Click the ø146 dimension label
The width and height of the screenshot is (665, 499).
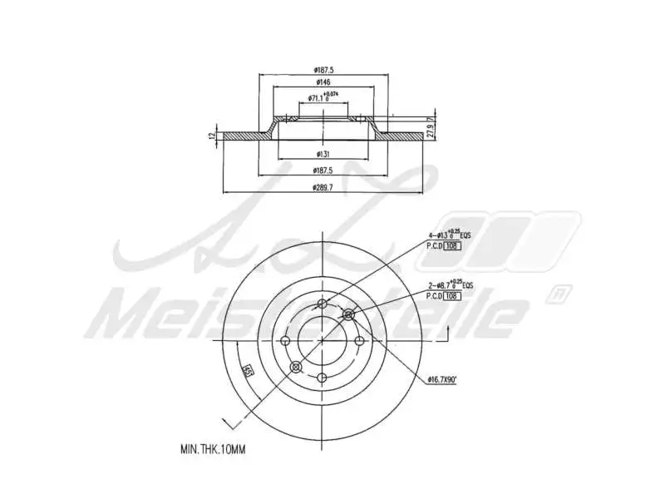(324, 82)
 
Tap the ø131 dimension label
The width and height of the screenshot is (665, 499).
(324, 155)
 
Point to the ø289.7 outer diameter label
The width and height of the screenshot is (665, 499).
(323, 188)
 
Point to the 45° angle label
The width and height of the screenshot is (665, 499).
(247, 370)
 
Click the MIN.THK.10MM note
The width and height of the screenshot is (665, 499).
(213, 449)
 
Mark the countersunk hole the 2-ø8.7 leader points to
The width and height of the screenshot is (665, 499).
(348, 314)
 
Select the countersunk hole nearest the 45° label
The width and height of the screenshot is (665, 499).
(294, 366)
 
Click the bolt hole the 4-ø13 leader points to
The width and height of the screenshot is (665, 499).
(323, 304)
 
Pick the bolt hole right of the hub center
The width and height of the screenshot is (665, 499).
(359, 340)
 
